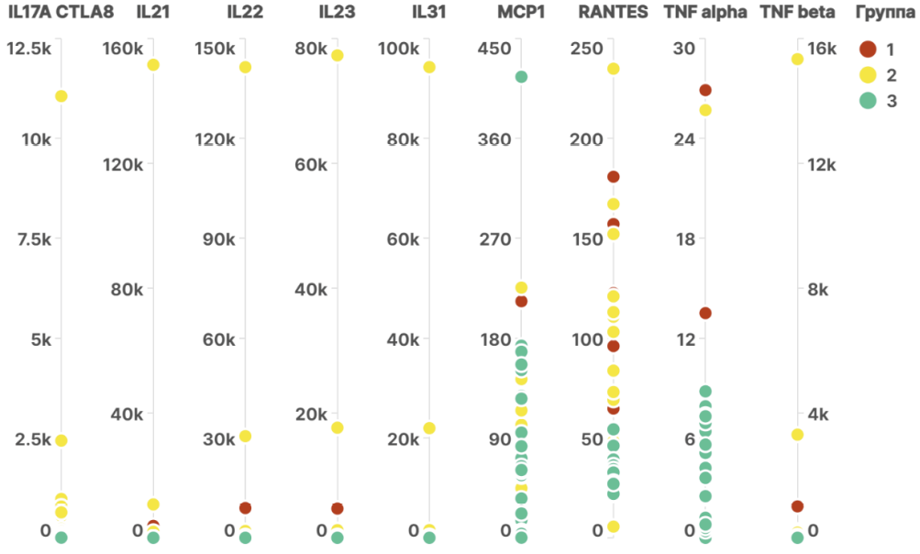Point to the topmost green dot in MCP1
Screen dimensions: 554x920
coord(521,77)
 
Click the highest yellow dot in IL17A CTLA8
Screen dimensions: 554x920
coord(61,96)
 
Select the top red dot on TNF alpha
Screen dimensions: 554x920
coord(705,90)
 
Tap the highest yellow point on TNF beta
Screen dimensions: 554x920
coord(797,60)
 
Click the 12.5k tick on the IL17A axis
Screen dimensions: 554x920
coord(29,49)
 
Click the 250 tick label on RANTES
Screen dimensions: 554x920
coord(588,49)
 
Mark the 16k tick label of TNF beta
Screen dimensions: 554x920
coord(822,49)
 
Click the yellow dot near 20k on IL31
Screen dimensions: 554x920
coord(429,428)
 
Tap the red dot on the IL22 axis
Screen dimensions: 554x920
coord(245,508)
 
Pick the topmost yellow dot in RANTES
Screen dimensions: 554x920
coord(613,70)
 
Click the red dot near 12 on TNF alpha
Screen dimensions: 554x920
coord(705,313)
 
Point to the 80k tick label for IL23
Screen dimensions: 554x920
coord(311,49)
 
